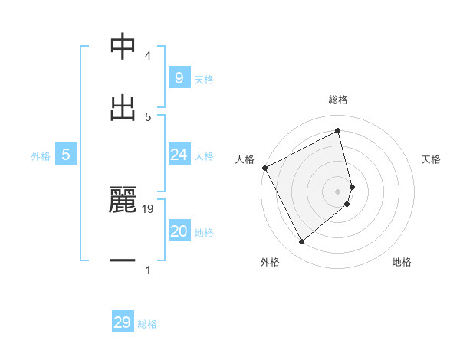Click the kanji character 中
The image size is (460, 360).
(x=123, y=47)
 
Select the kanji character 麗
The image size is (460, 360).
(x=123, y=201)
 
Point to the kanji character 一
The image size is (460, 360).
(x=123, y=261)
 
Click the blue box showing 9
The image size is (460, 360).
(x=179, y=78)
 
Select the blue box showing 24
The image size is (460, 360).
(x=179, y=155)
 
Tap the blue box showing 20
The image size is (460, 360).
(x=179, y=232)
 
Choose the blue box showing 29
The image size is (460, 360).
(x=123, y=322)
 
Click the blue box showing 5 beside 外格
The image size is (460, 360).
(x=66, y=155)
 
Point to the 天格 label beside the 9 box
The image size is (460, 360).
(x=204, y=79)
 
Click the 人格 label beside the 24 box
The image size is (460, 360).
(x=204, y=156)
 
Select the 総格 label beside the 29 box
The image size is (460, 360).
(x=148, y=324)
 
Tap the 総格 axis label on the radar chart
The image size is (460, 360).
(x=338, y=100)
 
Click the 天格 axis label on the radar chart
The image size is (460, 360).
(x=432, y=159)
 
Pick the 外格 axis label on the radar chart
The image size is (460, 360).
(x=270, y=262)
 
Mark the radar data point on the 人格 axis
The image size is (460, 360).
(x=264, y=168)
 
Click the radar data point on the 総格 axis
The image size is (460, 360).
(x=338, y=131)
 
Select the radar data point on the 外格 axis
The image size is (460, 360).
(x=301, y=242)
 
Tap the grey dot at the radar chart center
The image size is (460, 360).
(x=338, y=191)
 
